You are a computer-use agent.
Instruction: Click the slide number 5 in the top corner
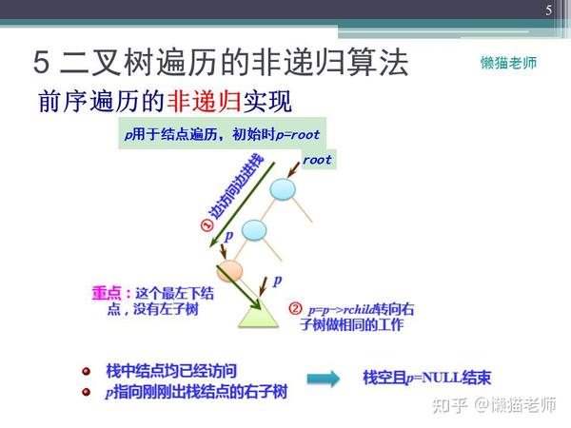549,10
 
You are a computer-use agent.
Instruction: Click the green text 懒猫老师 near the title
508,63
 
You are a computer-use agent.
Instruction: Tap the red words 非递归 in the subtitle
204,101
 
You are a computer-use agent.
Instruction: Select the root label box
318,160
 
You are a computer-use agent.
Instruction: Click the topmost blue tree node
283,189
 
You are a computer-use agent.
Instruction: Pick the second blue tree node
254,230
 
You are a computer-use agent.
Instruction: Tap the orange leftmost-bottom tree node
229,271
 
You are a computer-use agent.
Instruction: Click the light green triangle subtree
258,314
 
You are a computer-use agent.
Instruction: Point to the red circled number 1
207,225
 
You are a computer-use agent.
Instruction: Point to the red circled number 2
295,308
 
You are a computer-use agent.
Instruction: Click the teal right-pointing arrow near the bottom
324,379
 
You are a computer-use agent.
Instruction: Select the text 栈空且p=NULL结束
426,378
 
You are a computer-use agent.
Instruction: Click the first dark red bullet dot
87,371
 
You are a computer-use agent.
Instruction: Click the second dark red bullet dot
87,392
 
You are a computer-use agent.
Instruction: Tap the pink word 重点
107,293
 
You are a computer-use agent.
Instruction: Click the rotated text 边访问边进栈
235,186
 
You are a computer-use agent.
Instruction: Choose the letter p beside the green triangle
278,281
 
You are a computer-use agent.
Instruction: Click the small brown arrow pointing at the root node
293,170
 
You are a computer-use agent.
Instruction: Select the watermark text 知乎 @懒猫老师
494,405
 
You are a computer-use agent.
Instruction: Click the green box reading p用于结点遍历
222,133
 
